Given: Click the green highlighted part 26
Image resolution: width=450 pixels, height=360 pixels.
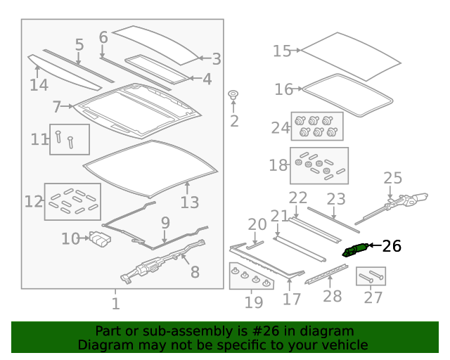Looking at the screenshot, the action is [x=355, y=250].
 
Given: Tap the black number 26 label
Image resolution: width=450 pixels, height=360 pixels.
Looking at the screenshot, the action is [x=392, y=246].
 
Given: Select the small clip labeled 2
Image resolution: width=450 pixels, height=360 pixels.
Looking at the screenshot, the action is [x=233, y=95].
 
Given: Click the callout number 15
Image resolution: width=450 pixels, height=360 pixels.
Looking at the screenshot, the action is [x=281, y=51].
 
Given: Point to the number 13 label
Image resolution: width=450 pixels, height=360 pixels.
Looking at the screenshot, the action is [x=190, y=202].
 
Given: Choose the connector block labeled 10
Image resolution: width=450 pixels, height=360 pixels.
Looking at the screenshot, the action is [x=101, y=239].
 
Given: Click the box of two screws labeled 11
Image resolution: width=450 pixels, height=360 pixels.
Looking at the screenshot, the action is [x=70, y=139].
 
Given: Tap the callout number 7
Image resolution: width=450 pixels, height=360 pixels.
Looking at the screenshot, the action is [x=56, y=107].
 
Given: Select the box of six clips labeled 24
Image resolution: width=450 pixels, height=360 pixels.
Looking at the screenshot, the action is [x=317, y=127].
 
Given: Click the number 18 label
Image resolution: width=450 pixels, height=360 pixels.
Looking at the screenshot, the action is [x=278, y=165].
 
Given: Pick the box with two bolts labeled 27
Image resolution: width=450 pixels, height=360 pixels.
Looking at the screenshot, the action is [x=371, y=276].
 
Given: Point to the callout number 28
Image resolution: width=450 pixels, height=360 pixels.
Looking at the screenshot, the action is [x=332, y=296].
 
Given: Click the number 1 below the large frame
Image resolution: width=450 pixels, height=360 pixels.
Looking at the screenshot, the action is [x=115, y=304].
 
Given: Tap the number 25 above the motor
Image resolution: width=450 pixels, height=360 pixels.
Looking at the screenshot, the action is [x=392, y=178].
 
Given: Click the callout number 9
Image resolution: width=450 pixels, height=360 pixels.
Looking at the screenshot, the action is [x=165, y=223].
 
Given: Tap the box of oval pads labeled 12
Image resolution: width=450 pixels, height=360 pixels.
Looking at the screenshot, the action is [x=72, y=202].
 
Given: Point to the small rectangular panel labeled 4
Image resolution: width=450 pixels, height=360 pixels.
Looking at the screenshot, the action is [x=157, y=69].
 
